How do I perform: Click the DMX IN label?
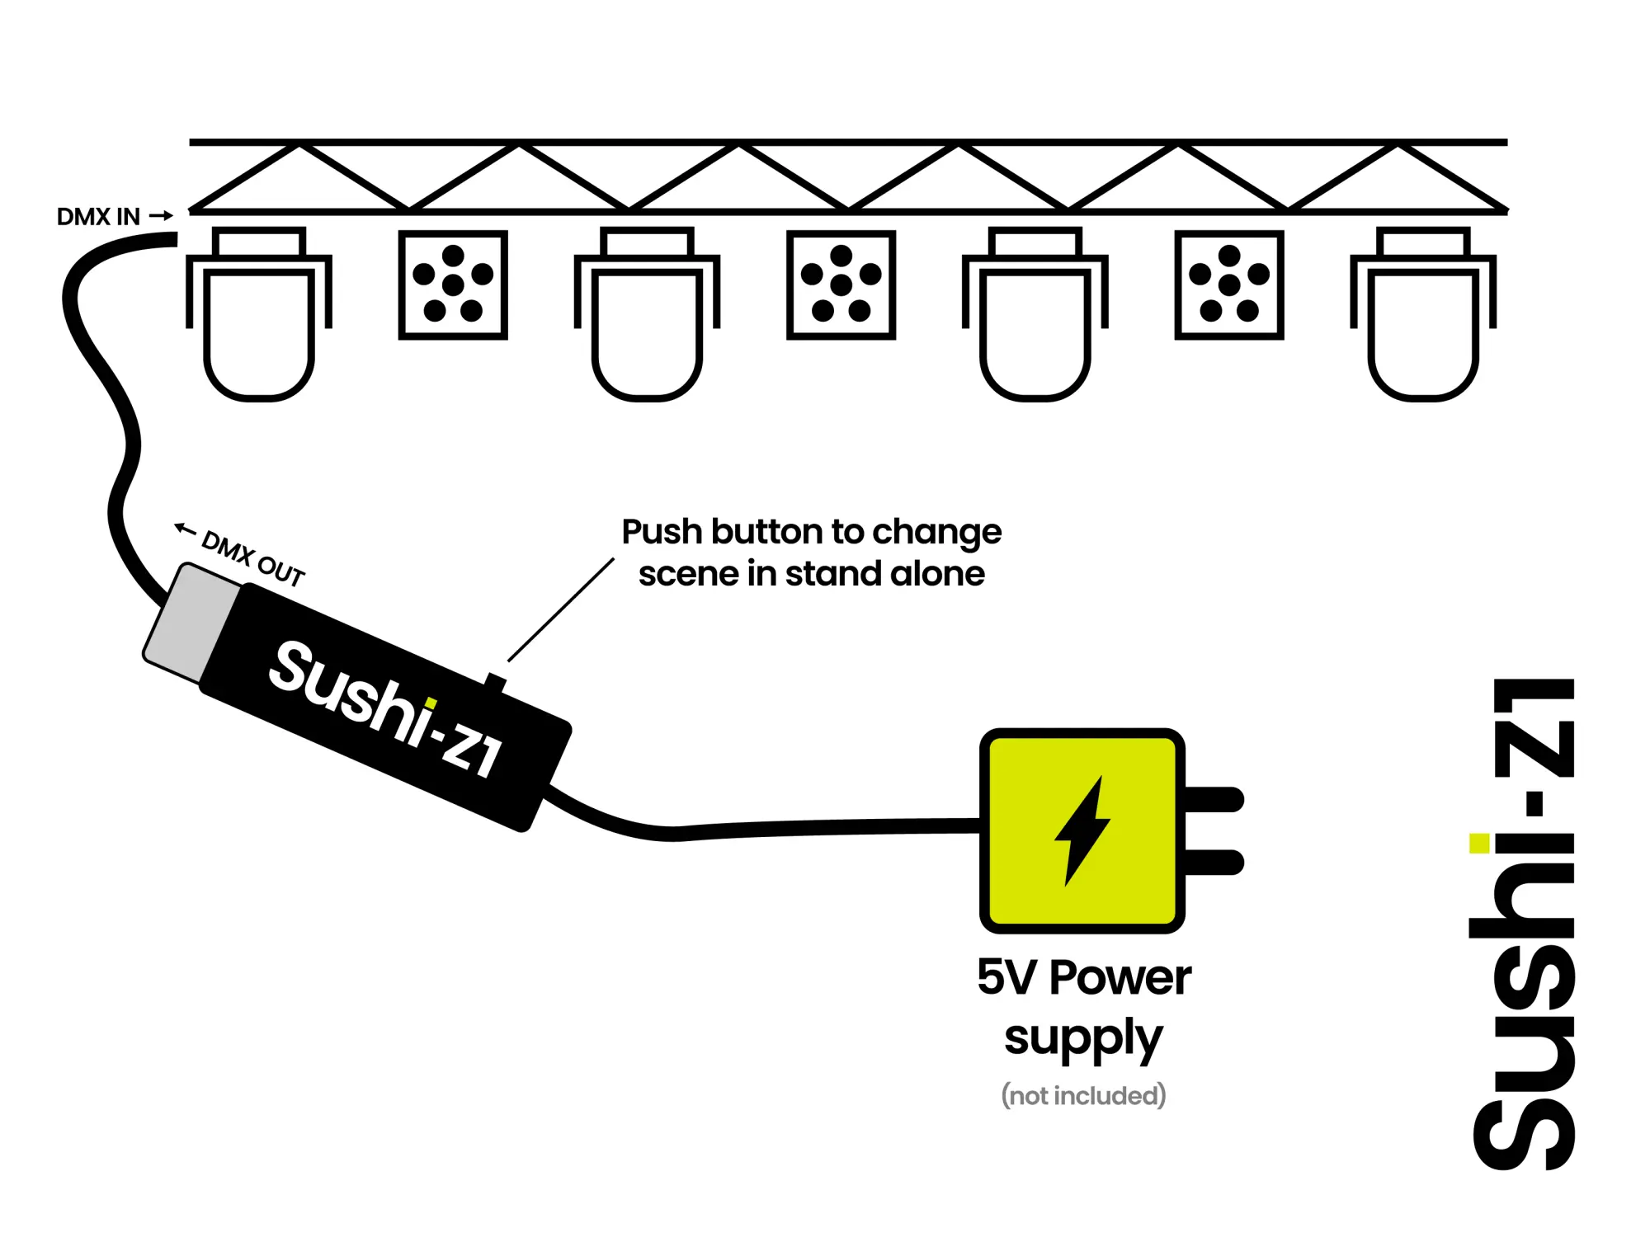tap(98, 217)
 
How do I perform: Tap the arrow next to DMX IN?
tap(162, 216)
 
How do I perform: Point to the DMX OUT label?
tap(253, 558)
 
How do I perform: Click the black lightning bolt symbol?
tap(1082, 830)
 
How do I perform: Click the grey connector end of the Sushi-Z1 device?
tap(191, 623)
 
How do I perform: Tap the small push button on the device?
tap(495, 682)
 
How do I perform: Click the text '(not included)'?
tap(1083, 1095)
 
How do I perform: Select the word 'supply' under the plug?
tap(1083, 1038)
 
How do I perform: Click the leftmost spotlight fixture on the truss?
tap(259, 313)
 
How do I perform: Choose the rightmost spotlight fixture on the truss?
tap(1423, 313)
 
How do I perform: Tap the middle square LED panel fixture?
tap(841, 285)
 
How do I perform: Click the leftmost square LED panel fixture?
tap(453, 285)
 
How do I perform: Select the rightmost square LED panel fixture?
tap(1229, 285)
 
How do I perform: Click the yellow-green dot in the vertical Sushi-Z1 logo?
tap(1479, 843)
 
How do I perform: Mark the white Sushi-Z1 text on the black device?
tap(385, 709)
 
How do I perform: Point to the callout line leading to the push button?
tap(561, 609)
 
